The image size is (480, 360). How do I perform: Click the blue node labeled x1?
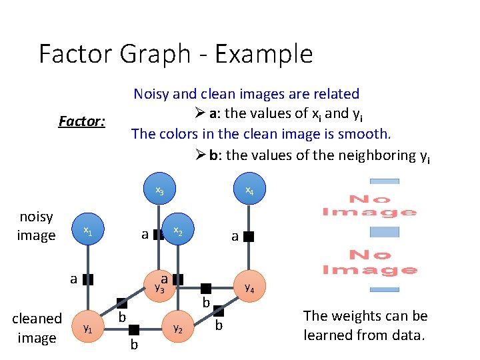pyautogui.click(x=87, y=230)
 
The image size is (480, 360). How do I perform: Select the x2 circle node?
pyautogui.click(x=177, y=230)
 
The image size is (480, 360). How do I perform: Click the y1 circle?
pyautogui.click(x=87, y=329)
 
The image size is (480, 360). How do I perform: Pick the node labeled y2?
pyautogui.click(x=177, y=327)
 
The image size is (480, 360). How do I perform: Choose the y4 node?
pyautogui.click(x=249, y=288)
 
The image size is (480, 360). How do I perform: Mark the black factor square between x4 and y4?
pyautogui.click(x=249, y=236)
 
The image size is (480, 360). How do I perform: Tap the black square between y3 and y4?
pyautogui.click(x=206, y=288)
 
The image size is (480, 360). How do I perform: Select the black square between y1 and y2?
pyautogui.click(x=134, y=329)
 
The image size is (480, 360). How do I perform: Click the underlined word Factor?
pyautogui.click(x=82, y=122)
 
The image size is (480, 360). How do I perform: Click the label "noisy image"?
pyautogui.click(x=36, y=226)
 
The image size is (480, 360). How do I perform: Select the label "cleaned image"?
pyautogui.click(x=37, y=328)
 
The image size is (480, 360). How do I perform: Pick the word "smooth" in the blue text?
pyautogui.click(x=357, y=133)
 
